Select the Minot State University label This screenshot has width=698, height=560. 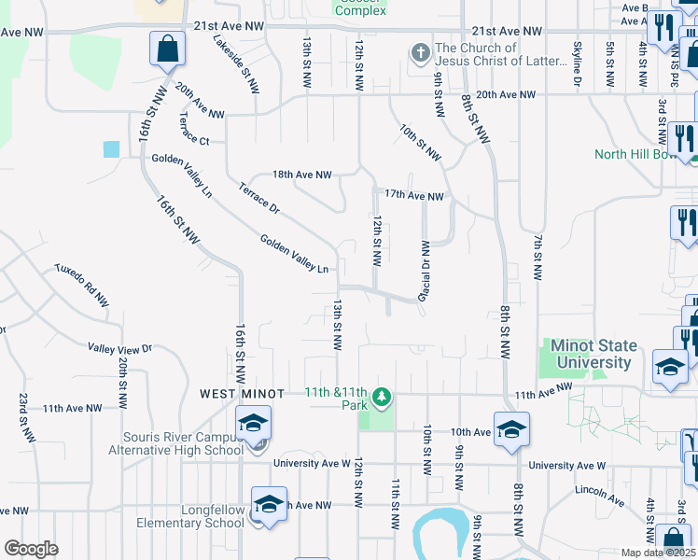pos(593,354)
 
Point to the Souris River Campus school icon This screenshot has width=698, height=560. pos(253,424)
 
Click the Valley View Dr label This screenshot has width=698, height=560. pos(119,347)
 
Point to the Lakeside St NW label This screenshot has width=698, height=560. pos(236,64)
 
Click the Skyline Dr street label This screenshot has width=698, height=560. pos(577,65)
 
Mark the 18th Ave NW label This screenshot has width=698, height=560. pos(301,175)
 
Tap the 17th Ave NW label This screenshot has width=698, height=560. pos(413,195)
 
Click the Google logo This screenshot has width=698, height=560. pos(31,549)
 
